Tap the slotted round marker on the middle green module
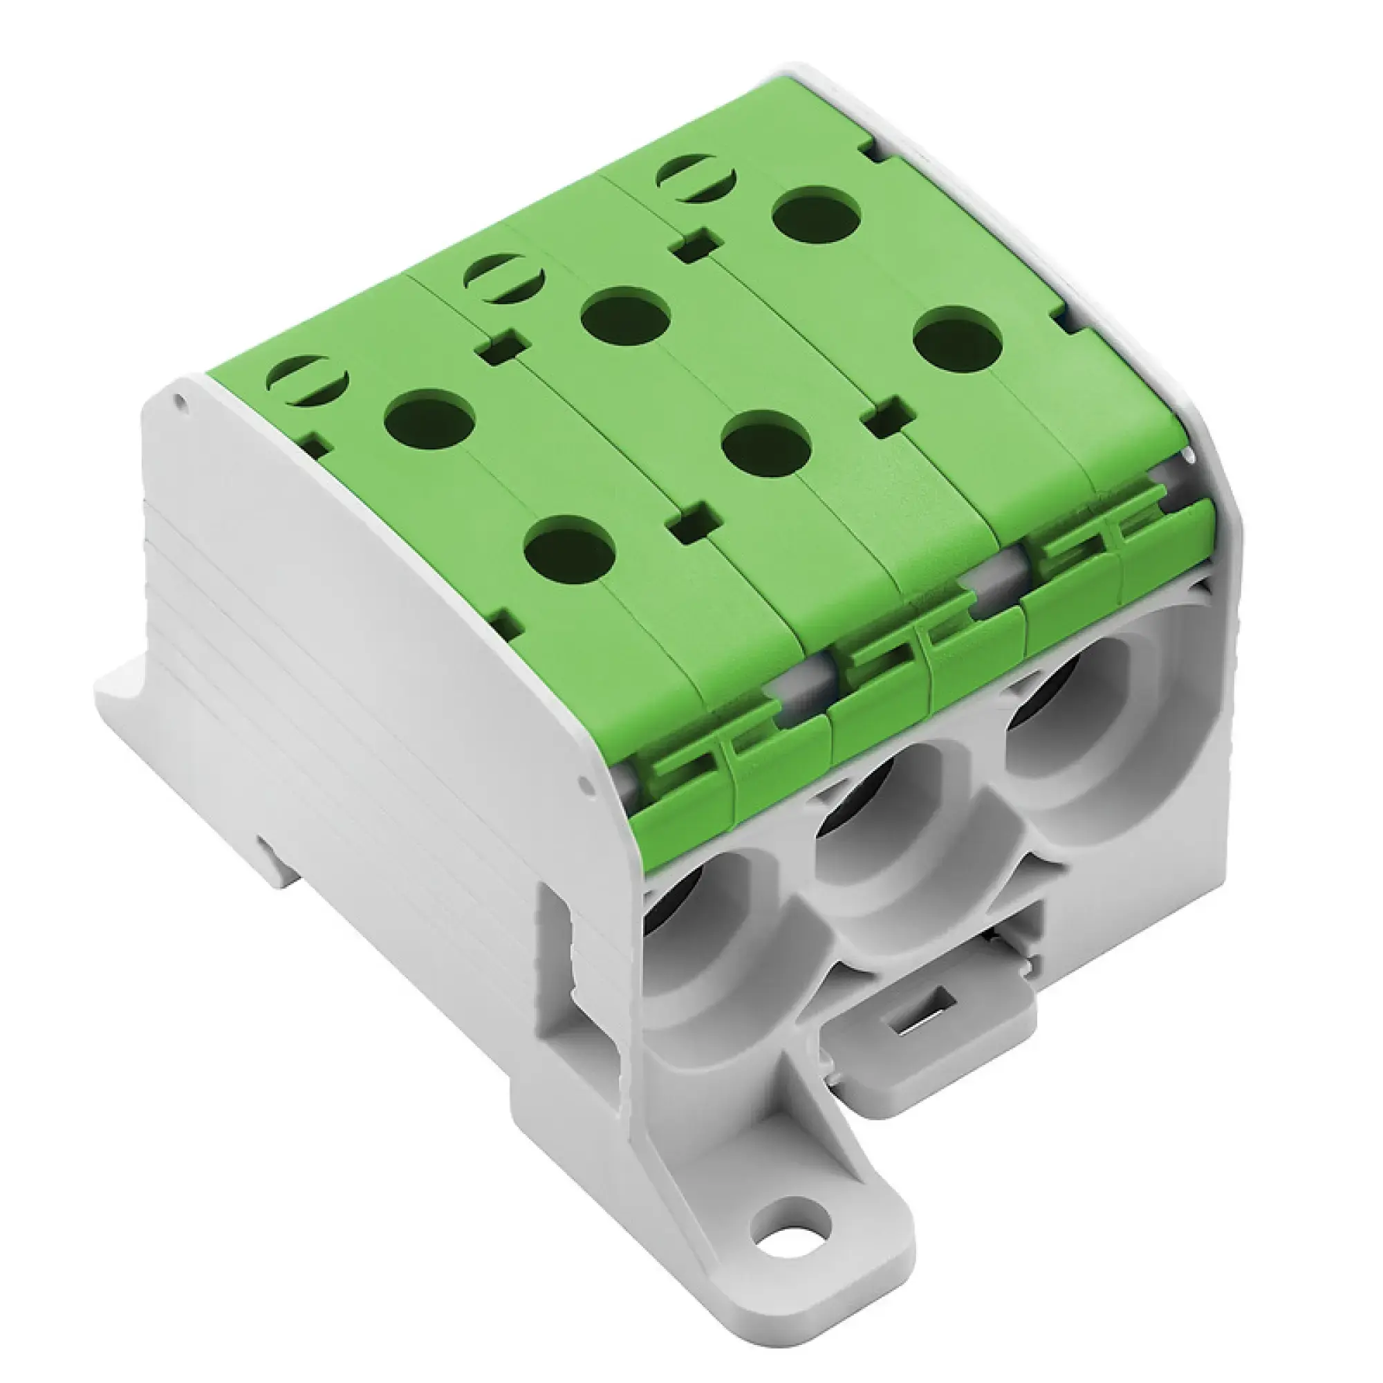tap(504, 279)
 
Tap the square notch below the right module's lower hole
tap(887, 421)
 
